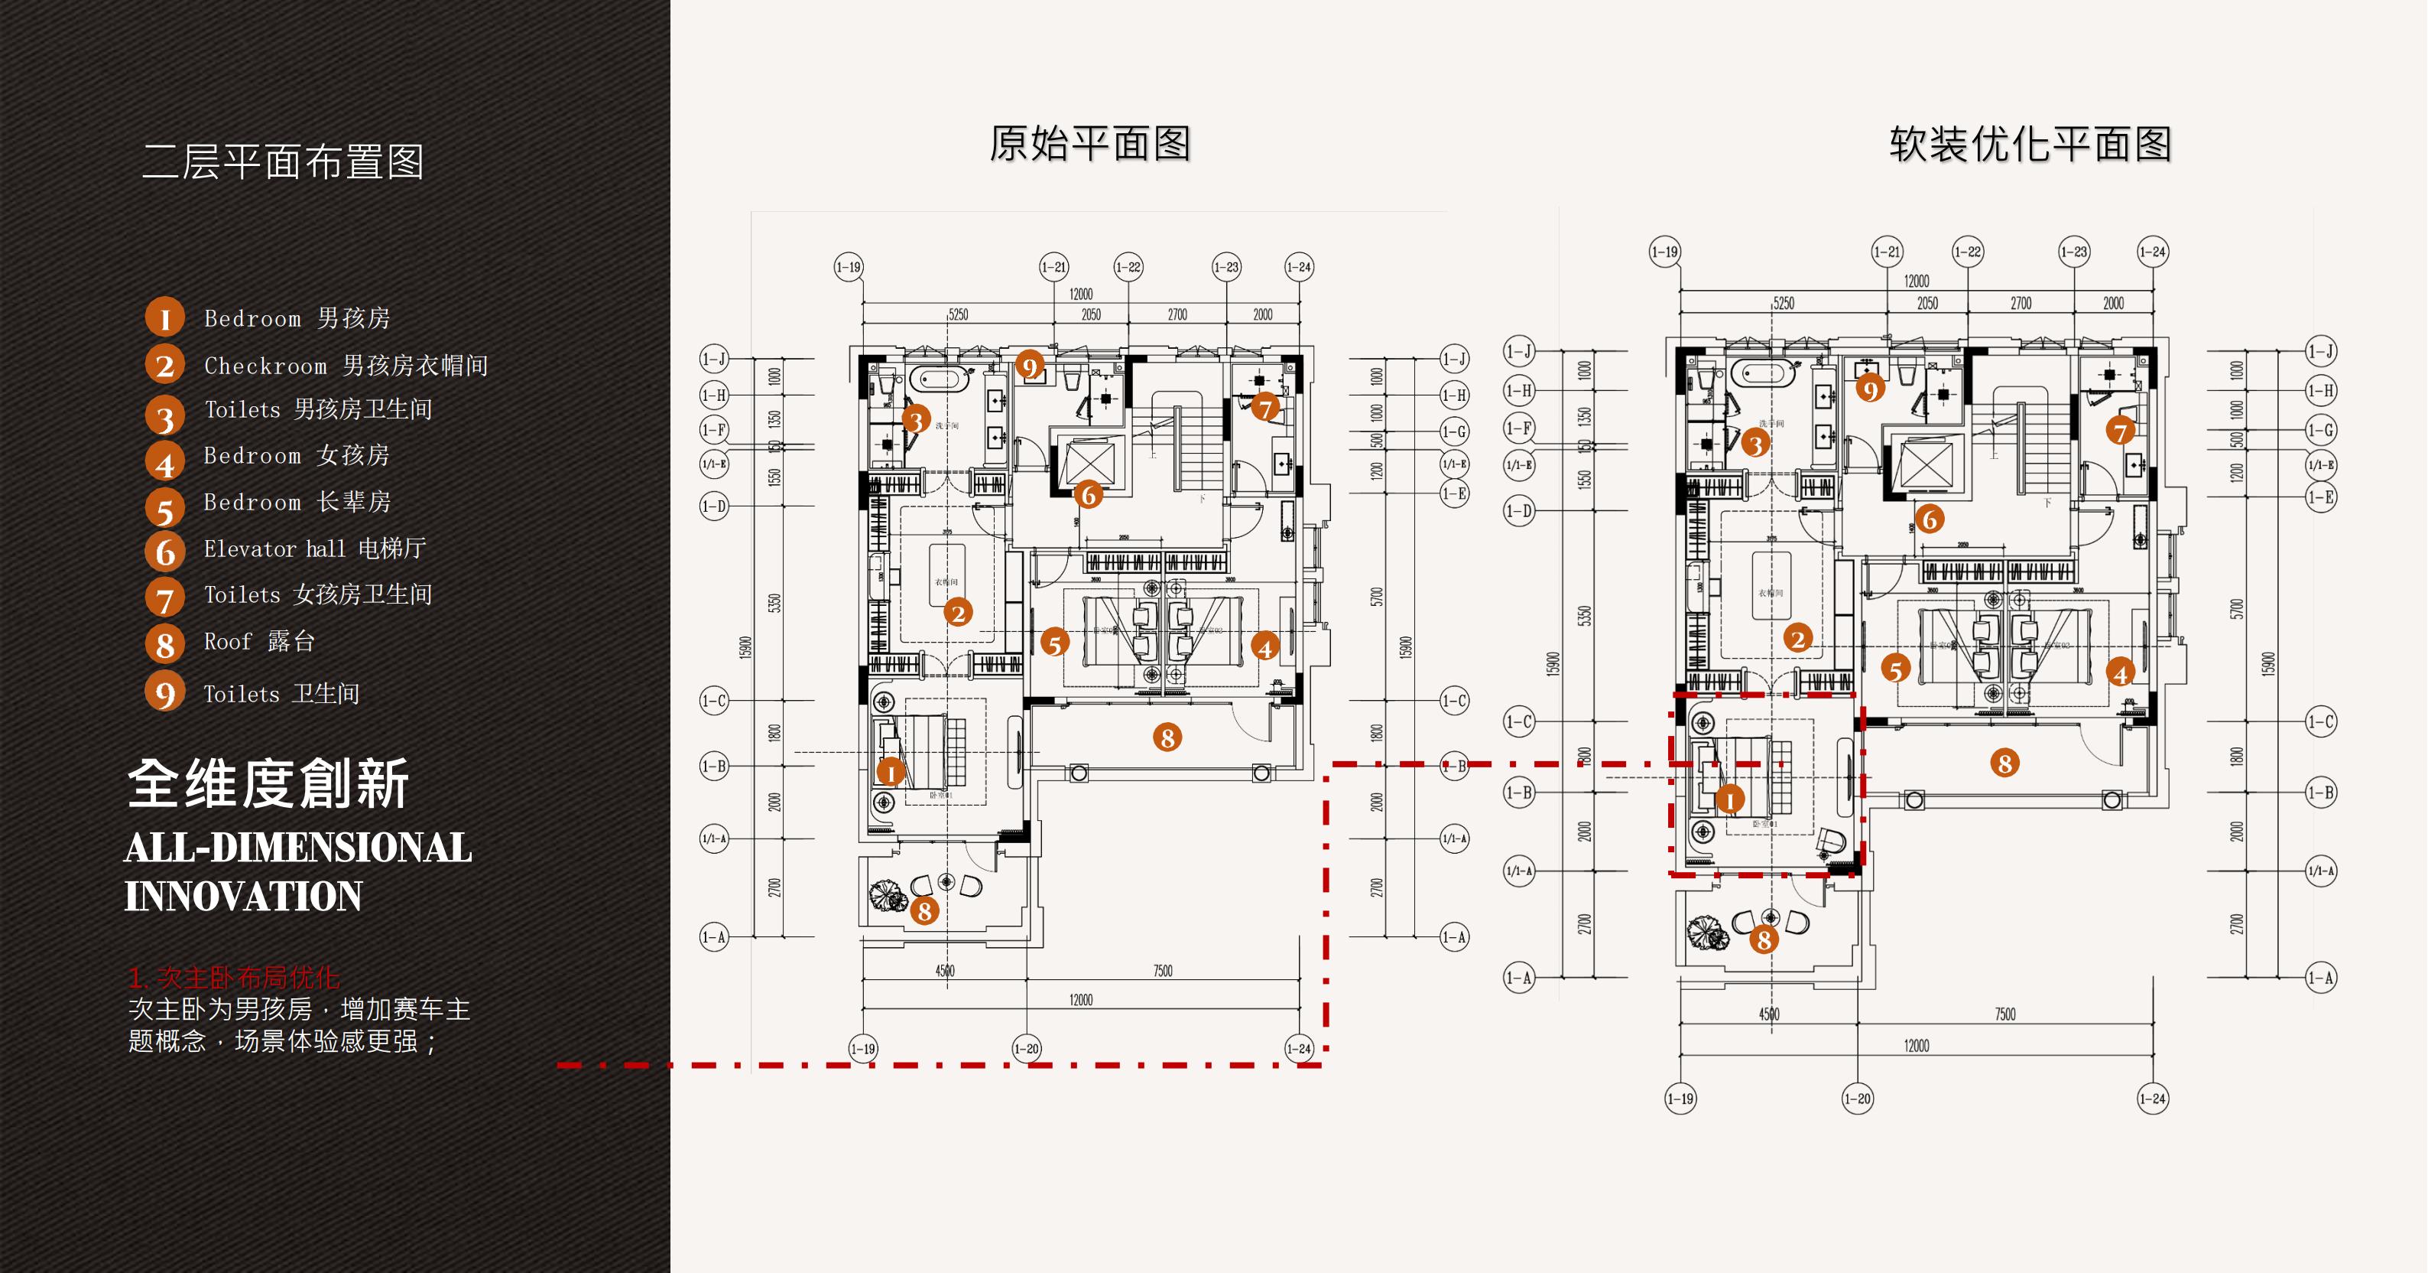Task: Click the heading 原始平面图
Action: pos(1089,145)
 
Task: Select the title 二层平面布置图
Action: pos(283,162)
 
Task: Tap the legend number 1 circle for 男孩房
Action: pos(164,317)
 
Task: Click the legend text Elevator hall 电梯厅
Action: pos(315,549)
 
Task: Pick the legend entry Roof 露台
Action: pos(259,642)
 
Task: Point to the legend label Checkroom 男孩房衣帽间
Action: pos(346,366)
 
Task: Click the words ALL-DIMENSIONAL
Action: pos(298,848)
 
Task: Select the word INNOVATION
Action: pos(243,896)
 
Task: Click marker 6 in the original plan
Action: pos(1088,494)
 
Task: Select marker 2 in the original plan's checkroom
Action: pos(958,613)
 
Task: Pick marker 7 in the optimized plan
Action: pos(2120,432)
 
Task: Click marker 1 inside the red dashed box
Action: pos(1728,799)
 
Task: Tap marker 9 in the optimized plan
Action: pos(1870,388)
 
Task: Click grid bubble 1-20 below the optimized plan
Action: pos(1857,1099)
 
